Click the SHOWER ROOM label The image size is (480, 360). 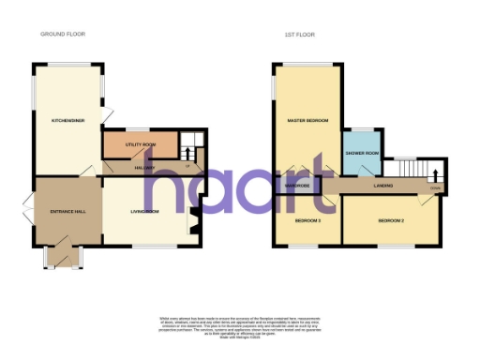point(362,152)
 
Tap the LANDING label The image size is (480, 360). point(382,186)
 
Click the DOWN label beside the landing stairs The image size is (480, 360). point(434,187)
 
